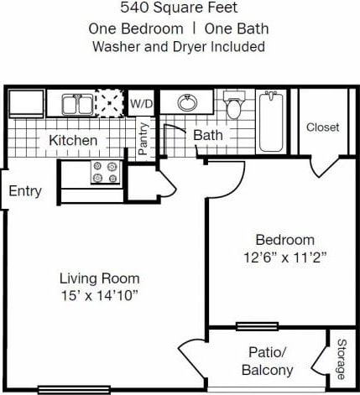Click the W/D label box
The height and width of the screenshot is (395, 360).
(x=139, y=103)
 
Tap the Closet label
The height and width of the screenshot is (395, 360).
(x=322, y=127)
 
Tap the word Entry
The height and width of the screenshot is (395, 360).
(x=24, y=191)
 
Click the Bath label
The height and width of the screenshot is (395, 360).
(x=206, y=135)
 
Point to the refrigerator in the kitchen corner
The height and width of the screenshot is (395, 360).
(x=26, y=103)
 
